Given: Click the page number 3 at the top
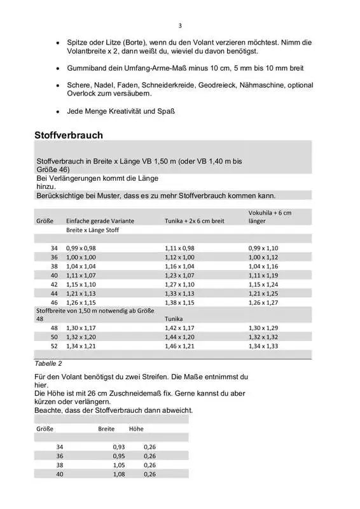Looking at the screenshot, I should pyautogui.click(x=180, y=25).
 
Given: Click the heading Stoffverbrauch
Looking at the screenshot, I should pyautogui.click(x=69, y=135).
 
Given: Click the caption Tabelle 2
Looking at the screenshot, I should pyautogui.click(x=48, y=363).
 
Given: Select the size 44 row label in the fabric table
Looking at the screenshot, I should pyautogui.click(x=54, y=293).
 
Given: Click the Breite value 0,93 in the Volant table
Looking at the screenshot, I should pyautogui.click(x=119, y=447).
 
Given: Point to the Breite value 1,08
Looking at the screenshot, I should pyautogui.click(x=119, y=474).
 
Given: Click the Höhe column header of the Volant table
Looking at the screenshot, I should pyautogui.click(x=136, y=428).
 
